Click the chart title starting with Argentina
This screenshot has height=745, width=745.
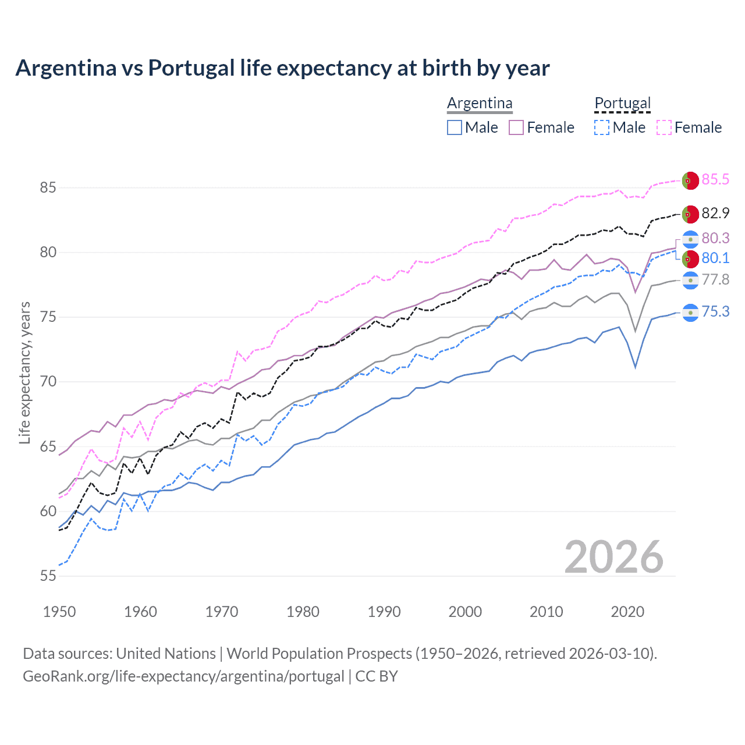(x=282, y=68)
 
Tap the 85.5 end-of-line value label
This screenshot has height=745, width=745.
(x=715, y=179)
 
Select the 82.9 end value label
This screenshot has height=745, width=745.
(x=715, y=213)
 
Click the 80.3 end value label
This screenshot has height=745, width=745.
(x=715, y=238)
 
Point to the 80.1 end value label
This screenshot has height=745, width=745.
(x=715, y=258)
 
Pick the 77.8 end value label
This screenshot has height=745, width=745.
(x=715, y=279)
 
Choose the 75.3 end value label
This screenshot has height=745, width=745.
(x=715, y=311)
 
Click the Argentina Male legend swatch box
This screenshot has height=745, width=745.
(x=455, y=127)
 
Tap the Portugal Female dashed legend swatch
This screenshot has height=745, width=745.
(x=664, y=127)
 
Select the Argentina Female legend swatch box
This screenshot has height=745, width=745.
(x=516, y=127)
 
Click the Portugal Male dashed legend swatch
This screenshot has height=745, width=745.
(x=602, y=127)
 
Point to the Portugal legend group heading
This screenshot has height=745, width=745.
(x=622, y=103)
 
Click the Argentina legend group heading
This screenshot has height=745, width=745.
(x=480, y=103)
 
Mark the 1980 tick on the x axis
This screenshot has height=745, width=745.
(x=303, y=612)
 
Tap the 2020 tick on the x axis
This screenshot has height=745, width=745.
(x=627, y=612)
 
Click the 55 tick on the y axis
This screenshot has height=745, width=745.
(x=48, y=576)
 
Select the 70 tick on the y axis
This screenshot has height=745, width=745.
(x=48, y=382)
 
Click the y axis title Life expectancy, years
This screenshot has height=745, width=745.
(x=25, y=372)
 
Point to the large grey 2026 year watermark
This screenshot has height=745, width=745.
(x=613, y=557)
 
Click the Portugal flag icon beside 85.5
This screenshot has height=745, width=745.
(x=690, y=180)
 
